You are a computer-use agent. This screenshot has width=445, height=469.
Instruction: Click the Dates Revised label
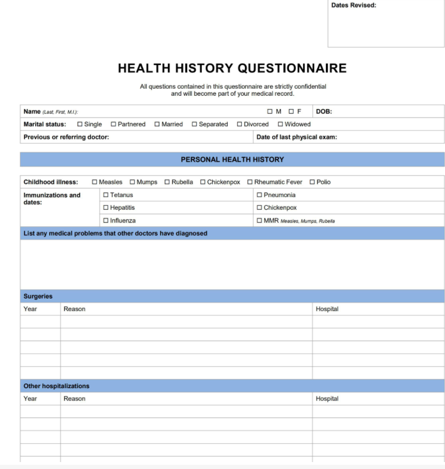[x=354, y=5]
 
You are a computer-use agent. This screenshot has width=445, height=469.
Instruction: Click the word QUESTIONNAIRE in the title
[x=292, y=69]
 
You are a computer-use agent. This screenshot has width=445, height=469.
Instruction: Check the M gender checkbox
[x=270, y=111]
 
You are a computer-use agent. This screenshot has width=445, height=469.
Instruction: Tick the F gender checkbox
[x=291, y=111]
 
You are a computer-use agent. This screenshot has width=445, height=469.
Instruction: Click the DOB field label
[x=324, y=111]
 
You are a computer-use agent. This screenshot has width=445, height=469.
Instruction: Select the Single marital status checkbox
[x=80, y=124]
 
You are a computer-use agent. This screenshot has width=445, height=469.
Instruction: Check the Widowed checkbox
[x=280, y=124]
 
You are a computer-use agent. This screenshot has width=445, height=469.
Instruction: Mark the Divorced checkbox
[x=240, y=124]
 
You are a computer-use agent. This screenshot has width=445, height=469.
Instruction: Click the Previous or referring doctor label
[x=66, y=137]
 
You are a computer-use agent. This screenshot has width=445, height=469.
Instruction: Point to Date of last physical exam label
[x=296, y=137]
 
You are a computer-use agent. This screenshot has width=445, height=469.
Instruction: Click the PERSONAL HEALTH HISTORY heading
[x=232, y=160]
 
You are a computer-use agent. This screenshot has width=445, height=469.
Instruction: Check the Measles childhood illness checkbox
[x=95, y=182]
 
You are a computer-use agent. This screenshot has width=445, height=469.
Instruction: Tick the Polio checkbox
[x=312, y=182]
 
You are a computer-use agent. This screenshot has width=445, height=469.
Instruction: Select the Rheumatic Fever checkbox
[x=250, y=182]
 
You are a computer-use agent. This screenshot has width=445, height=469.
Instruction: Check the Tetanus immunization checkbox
[x=106, y=195]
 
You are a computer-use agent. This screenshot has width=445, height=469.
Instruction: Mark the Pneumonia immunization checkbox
[x=259, y=195]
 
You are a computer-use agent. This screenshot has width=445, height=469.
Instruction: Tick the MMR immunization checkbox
[x=259, y=221]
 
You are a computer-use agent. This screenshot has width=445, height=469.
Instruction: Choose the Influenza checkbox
[x=106, y=221]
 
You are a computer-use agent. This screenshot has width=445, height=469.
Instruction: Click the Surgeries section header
[x=38, y=296]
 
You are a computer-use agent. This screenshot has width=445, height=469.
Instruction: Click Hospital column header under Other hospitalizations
[x=327, y=399]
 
